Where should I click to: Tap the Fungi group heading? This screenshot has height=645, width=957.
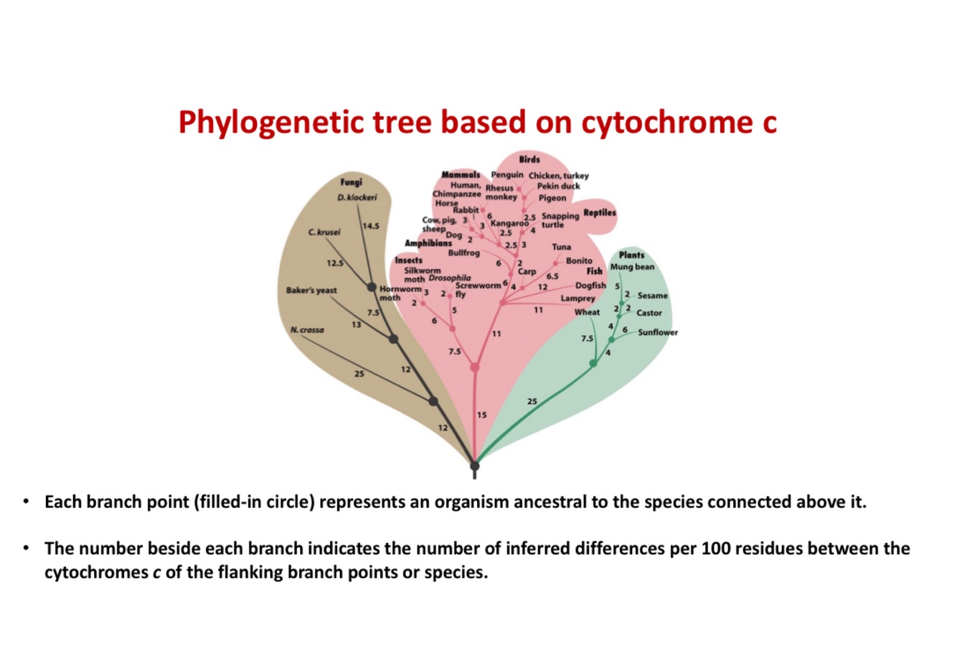click(x=351, y=182)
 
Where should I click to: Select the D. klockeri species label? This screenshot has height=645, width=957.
click(x=357, y=197)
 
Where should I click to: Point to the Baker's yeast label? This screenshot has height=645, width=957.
click(x=311, y=291)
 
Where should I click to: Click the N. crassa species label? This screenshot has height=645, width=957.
click(x=307, y=330)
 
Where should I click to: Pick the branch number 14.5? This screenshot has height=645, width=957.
click(x=370, y=226)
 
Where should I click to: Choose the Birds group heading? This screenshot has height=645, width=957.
click(x=529, y=159)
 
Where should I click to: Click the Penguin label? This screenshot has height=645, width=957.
click(x=507, y=175)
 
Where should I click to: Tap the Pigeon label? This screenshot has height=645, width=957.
click(x=552, y=198)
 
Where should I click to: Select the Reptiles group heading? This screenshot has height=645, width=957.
click(x=600, y=213)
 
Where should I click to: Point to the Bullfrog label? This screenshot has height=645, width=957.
click(x=463, y=253)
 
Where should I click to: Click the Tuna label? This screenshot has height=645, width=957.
click(x=562, y=247)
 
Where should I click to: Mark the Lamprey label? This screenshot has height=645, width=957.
click(x=577, y=298)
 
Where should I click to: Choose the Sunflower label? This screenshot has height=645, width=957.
click(x=658, y=332)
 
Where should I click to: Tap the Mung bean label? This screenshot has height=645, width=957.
click(x=632, y=267)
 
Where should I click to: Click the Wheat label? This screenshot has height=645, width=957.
click(x=587, y=312)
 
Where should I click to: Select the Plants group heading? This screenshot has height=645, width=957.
click(x=631, y=255)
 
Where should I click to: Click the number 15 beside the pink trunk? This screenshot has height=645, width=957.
click(x=481, y=415)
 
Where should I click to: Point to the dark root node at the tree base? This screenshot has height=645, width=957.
click(x=474, y=466)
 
